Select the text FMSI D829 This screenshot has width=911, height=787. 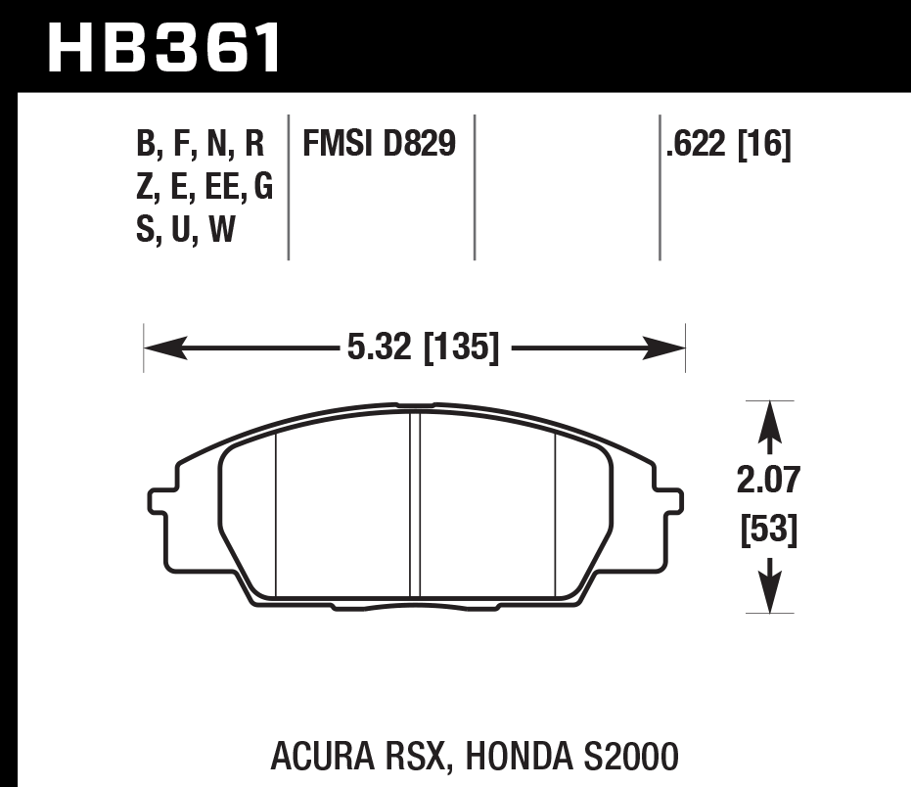[x=379, y=146]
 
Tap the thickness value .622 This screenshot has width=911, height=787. [x=695, y=146]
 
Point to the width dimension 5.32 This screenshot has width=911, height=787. [x=379, y=347]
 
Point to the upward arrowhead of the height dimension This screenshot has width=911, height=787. [x=770, y=416]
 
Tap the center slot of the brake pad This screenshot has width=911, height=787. [x=415, y=504]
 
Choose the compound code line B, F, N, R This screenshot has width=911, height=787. [x=200, y=146]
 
